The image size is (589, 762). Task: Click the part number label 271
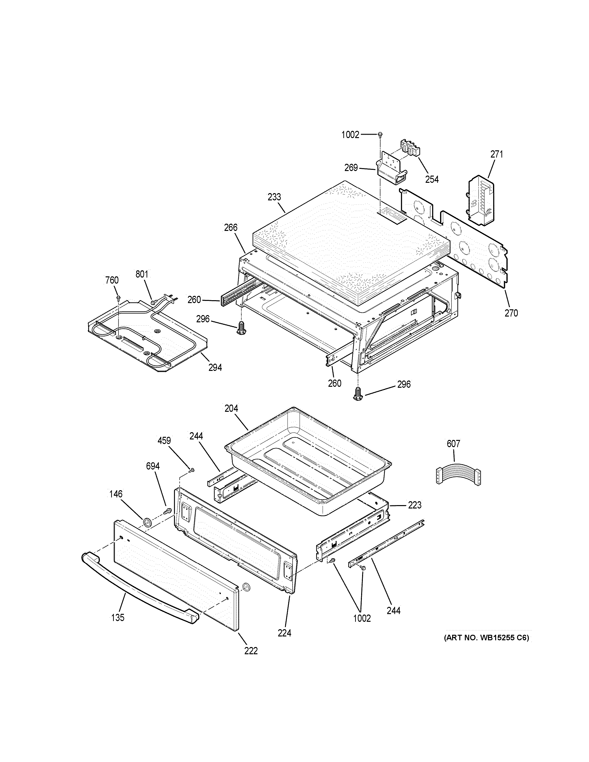pyautogui.click(x=497, y=154)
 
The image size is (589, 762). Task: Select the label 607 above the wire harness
pyautogui.click(x=453, y=444)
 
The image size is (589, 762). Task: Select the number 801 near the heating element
pyautogui.click(x=142, y=274)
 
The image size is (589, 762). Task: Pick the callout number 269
pyautogui.click(x=351, y=168)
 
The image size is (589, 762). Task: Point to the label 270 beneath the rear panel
pyautogui.click(x=511, y=313)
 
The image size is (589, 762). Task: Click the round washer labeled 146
pyautogui.click(x=147, y=523)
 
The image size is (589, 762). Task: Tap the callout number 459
pyautogui.click(x=164, y=441)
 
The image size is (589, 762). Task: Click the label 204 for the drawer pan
pyautogui.click(x=231, y=408)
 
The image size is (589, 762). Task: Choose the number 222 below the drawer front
pyautogui.click(x=251, y=651)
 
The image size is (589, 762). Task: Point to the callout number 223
pyautogui.click(x=415, y=505)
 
